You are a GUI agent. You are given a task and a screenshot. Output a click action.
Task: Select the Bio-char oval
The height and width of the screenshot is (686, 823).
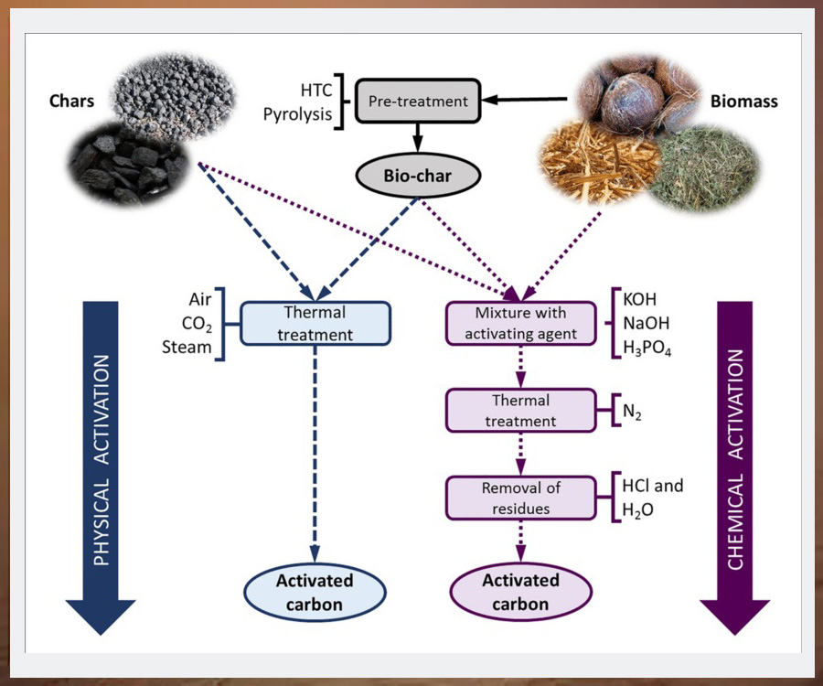pos(416,176)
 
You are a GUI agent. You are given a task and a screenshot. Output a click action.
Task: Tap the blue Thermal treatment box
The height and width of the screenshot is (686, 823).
pos(315,324)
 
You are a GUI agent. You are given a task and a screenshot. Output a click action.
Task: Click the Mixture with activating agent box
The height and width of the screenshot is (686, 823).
pos(520,324)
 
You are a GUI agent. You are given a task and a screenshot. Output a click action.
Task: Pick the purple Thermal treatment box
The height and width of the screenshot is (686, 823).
pos(520,411)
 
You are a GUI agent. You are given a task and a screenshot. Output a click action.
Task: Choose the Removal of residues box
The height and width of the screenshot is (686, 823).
pos(520,498)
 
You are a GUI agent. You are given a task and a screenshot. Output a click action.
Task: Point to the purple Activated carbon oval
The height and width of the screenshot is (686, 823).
pos(521,592)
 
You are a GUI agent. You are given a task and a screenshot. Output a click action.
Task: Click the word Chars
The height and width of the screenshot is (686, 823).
pos(71,101)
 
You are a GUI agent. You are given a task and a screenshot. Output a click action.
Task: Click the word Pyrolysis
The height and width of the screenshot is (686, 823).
pos(298,114)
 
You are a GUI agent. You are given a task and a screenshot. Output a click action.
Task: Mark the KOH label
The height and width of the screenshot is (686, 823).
pos(640,300)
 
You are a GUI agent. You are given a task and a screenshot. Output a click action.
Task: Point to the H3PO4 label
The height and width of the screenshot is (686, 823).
pos(647,348)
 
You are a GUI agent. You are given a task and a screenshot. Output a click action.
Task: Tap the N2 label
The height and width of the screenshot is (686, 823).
pos(635,413)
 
